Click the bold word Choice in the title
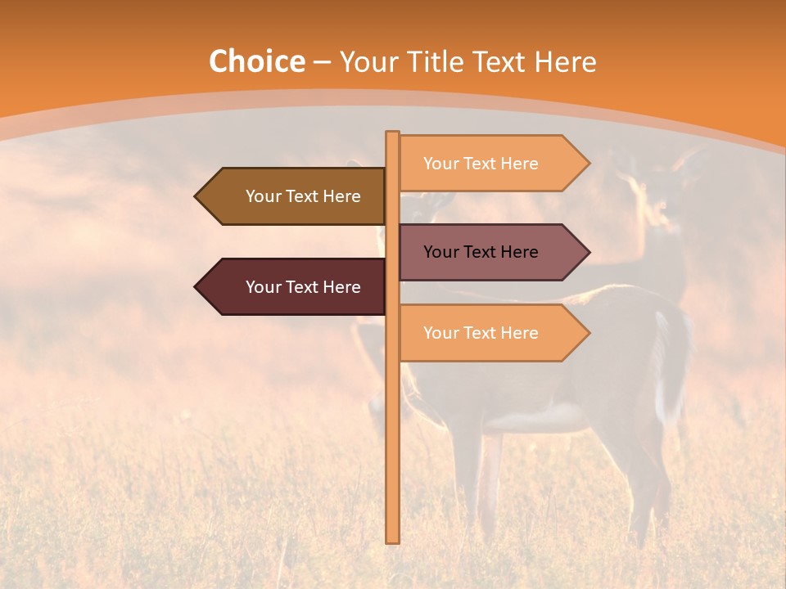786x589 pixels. point(256,61)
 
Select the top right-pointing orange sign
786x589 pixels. point(491,163)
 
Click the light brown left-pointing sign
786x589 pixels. point(295,196)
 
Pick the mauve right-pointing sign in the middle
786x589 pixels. point(491,252)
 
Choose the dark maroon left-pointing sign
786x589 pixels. point(295,287)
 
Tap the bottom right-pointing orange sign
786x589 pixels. point(491,333)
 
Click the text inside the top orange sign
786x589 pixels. point(481,164)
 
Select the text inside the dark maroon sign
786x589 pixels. point(303,287)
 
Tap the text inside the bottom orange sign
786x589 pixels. point(481,333)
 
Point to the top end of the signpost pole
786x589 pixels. point(393,133)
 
